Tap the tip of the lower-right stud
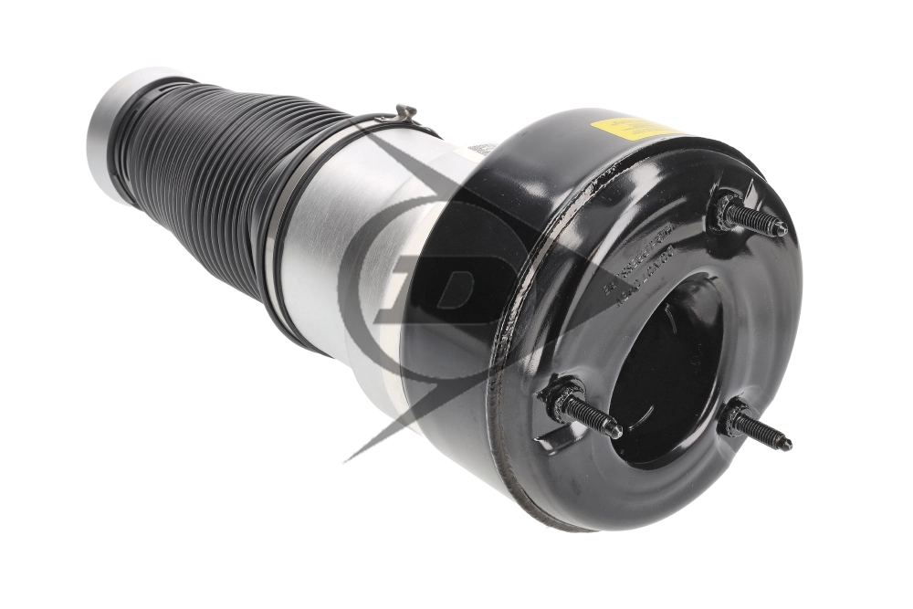[788, 445]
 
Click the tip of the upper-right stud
[782, 228]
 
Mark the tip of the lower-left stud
[617, 430]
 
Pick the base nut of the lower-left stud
[558, 399]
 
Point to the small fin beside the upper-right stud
[750, 192]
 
